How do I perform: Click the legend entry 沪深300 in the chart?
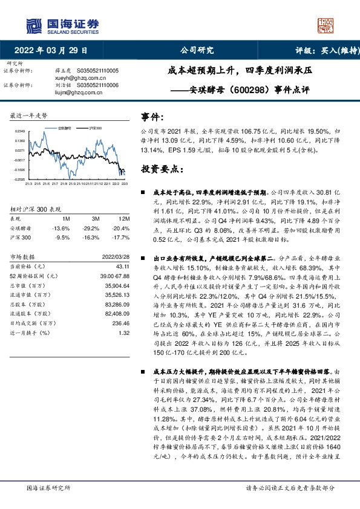coord(94,129)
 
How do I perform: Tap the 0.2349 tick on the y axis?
coord(19,131)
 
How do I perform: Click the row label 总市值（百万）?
coord(27,285)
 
